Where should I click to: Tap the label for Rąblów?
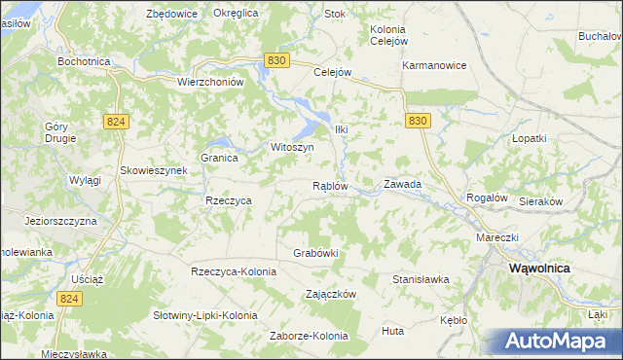(330, 186)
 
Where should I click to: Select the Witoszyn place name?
(291, 147)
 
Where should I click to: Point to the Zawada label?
(402, 183)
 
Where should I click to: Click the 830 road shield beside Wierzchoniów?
(275, 60)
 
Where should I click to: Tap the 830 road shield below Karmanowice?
(418, 120)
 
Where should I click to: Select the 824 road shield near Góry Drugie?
(116, 120)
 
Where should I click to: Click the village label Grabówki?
(315, 253)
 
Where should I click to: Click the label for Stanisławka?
(421, 279)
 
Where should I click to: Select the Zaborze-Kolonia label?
(309, 337)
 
